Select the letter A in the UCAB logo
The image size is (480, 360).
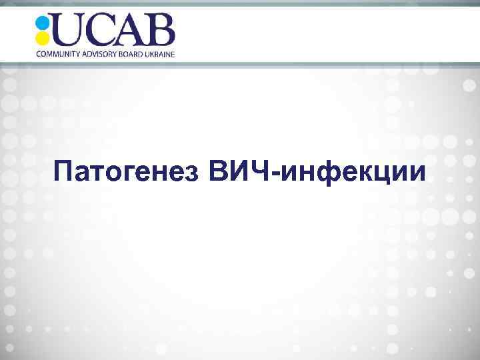131,30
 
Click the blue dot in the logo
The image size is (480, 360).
43,22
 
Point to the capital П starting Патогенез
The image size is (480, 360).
65,171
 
